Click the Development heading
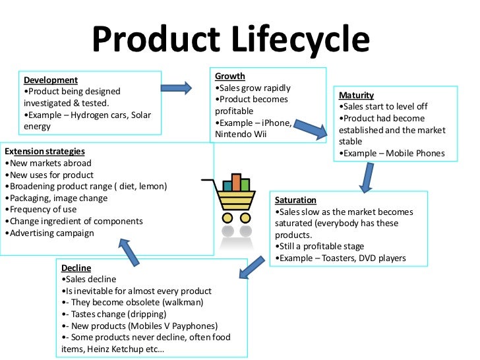coord(50,80)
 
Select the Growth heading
coord(229,76)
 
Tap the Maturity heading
coord(356,95)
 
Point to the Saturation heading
coord(295,200)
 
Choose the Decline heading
coord(76,268)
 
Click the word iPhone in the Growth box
coord(278,123)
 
